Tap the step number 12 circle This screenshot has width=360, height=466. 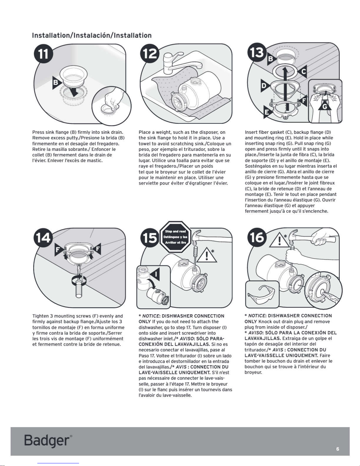(x=150, y=55)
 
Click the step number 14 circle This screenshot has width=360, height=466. (x=43, y=238)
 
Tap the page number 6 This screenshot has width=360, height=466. (x=338, y=449)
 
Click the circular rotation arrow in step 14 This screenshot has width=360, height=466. (x=79, y=280)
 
